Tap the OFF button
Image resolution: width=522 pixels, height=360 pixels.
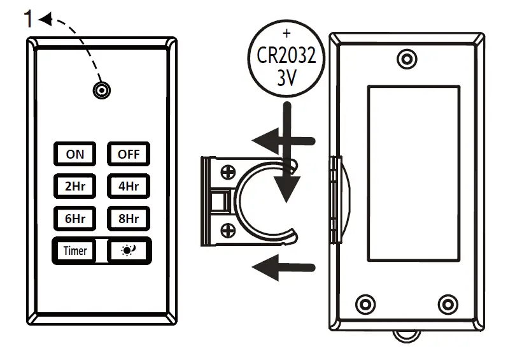pos(128,154)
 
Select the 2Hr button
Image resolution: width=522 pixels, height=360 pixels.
pos(74,186)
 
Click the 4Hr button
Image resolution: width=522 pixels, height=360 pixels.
pos(128,186)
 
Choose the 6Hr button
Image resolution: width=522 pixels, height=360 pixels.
pos(74,219)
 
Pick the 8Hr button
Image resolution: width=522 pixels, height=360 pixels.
pos(128,219)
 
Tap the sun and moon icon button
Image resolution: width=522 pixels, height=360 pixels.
pos(129,250)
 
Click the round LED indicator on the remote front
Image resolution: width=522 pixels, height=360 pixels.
pos(100,90)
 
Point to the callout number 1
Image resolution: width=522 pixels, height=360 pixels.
pos(29,20)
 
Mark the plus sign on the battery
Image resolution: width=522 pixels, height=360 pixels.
pos(286,33)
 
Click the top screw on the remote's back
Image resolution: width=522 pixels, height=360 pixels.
pos(406,59)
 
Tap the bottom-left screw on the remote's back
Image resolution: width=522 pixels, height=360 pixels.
pos(365,302)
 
